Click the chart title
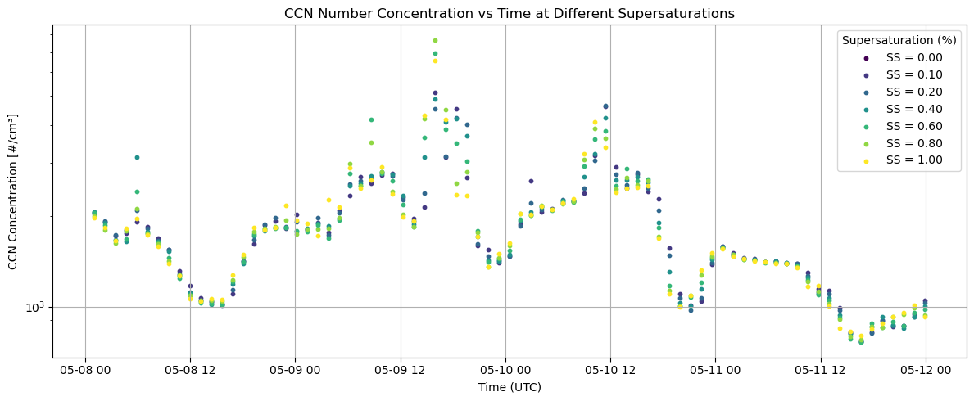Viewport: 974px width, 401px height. [x=509, y=13]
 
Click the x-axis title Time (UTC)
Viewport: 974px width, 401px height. [x=510, y=387]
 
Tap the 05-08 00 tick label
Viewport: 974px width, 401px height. [x=85, y=371]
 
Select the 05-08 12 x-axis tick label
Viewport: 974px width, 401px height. [x=190, y=371]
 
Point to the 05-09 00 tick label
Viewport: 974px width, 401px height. [x=295, y=371]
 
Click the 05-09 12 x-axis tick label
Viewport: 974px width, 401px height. [x=401, y=371]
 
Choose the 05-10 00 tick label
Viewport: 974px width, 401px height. [x=505, y=371]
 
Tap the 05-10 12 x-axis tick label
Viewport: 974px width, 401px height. [x=610, y=371]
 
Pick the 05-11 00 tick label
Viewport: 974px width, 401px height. [x=715, y=371]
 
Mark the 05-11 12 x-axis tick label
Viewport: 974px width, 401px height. [x=820, y=371]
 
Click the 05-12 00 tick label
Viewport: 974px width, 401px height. [x=926, y=371]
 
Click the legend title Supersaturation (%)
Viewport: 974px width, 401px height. [x=898, y=40]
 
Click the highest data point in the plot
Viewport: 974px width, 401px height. [x=435, y=40]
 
